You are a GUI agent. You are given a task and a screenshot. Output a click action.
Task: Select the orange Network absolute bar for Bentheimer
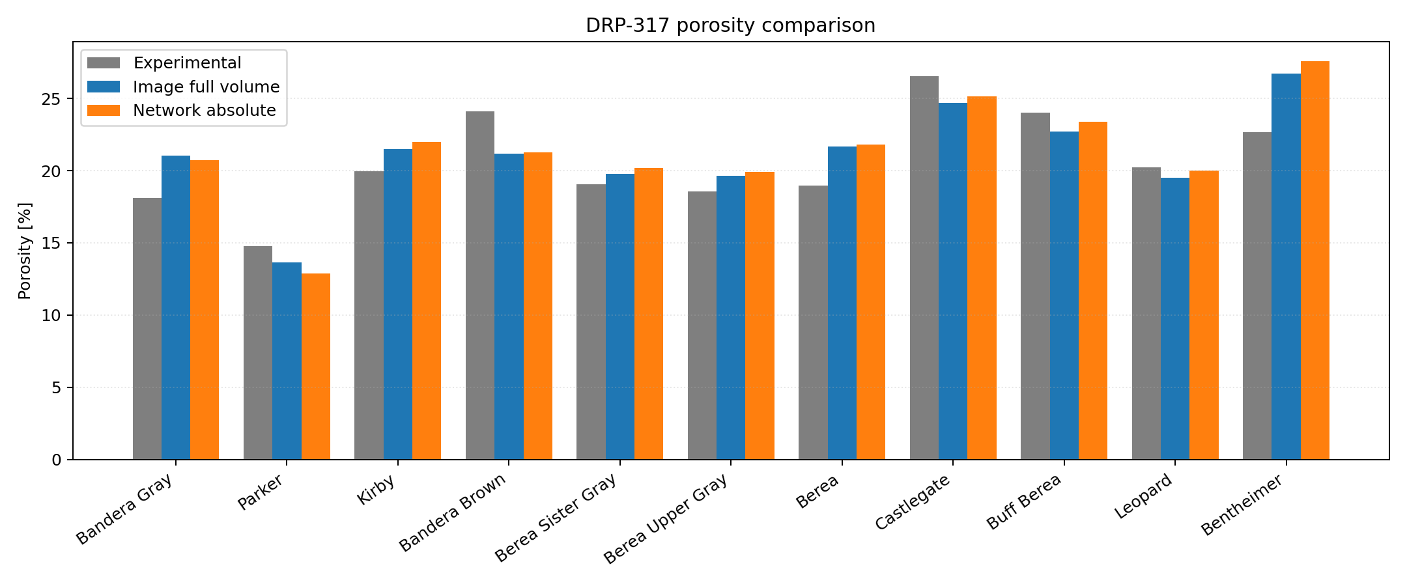(x=1315, y=260)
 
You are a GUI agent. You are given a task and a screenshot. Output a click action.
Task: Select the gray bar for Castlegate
(x=924, y=268)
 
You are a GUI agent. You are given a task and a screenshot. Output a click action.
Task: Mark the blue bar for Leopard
(x=1175, y=318)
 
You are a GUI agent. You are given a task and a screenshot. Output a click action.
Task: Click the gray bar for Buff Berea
(x=1035, y=286)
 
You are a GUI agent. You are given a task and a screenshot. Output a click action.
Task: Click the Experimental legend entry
(x=187, y=63)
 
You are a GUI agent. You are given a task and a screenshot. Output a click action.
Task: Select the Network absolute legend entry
(x=204, y=111)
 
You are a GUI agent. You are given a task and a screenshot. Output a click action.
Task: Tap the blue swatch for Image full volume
(x=104, y=87)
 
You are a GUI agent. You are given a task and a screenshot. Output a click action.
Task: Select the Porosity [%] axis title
(x=25, y=251)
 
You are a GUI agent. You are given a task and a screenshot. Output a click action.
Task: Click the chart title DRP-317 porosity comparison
(x=730, y=25)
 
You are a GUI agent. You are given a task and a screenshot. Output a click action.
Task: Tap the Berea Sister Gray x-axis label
(x=556, y=518)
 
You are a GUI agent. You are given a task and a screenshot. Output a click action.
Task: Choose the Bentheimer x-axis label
(x=1242, y=505)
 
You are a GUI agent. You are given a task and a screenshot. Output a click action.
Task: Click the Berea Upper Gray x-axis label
(x=666, y=519)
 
